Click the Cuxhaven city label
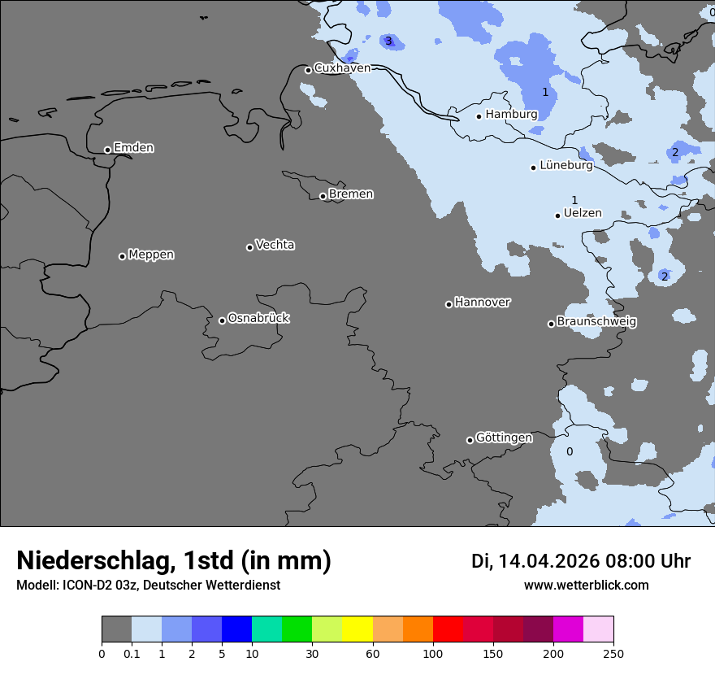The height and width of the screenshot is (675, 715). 342,68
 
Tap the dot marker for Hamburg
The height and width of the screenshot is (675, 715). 479,116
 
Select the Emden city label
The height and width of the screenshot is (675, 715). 133,148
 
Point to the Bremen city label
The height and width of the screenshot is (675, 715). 351,194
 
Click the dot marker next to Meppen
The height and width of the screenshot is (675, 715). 122,256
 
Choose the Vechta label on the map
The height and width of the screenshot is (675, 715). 275,245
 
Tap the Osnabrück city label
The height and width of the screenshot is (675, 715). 258,318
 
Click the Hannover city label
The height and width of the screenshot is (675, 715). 482,303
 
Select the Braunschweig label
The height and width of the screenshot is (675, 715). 596,322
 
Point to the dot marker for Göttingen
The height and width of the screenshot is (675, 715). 470,440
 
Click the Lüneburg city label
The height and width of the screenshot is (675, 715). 565,165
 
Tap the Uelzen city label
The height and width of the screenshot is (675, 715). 583,213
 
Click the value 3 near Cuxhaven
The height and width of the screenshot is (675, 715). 388,41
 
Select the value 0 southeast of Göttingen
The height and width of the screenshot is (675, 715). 569,451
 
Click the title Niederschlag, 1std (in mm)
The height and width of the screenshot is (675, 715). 174,560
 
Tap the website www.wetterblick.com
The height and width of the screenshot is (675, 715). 586,585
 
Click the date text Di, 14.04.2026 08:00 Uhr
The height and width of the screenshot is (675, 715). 580,561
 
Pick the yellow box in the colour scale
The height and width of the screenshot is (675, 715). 357,629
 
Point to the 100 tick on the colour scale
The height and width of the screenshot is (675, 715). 433,653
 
